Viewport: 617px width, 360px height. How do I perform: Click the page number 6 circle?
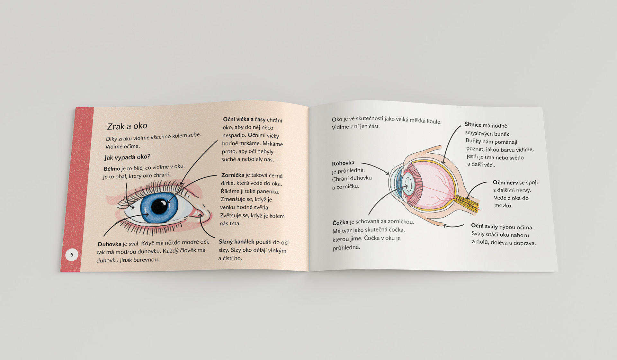72,255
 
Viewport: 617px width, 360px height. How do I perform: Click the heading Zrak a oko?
127,126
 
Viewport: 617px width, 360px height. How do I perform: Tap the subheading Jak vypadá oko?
127,157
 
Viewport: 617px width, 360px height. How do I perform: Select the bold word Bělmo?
112,169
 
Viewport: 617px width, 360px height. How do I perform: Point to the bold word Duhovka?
109,244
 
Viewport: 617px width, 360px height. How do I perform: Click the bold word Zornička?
233,175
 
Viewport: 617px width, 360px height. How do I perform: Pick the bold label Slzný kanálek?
236,242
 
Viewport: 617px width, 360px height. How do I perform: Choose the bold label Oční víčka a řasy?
244,119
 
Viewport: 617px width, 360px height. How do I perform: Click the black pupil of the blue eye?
159,206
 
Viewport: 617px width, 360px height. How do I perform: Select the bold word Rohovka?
343,163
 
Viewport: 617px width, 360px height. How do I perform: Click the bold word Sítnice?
473,124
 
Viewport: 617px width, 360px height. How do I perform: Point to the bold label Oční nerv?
505,183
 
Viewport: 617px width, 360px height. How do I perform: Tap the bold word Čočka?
340,222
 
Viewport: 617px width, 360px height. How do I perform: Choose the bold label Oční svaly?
484,226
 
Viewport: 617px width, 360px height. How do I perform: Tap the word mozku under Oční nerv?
503,205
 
